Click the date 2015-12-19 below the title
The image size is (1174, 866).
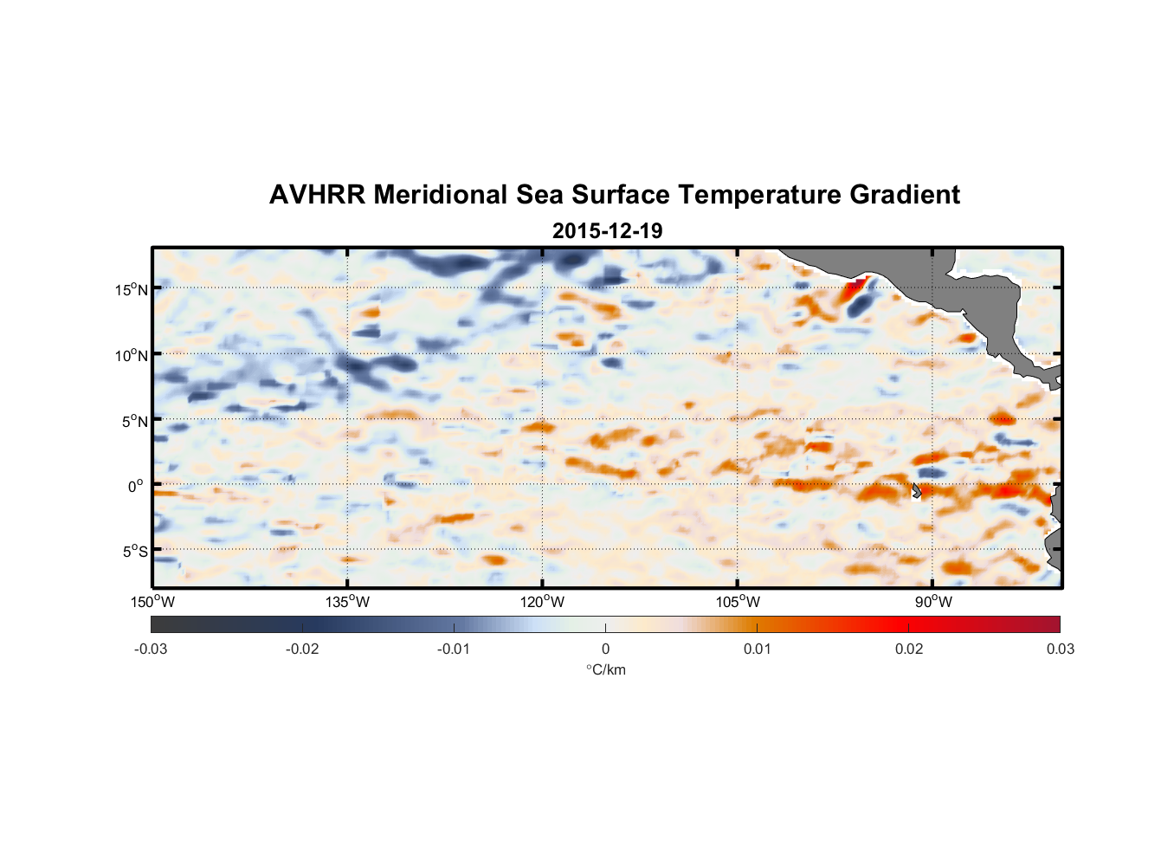coord(607,231)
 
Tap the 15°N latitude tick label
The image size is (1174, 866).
coord(132,289)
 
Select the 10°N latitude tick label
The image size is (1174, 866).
coord(132,355)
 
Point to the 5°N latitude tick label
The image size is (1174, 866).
coord(134,421)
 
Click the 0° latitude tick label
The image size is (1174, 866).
coord(136,487)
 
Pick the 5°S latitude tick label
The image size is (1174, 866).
coord(134,552)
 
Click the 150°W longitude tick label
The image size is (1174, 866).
coord(152,602)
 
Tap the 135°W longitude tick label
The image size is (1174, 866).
coord(347,602)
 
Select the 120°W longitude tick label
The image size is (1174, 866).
coord(542,602)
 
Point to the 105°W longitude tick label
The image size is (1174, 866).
coord(738,602)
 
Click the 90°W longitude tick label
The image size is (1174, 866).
coord(932,602)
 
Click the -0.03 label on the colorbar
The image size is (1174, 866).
coord(151,649)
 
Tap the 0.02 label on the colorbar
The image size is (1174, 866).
coord(908,649)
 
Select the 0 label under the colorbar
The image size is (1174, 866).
coord(605,649)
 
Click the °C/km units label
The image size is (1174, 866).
coord(605,669)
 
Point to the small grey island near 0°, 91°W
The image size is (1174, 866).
coord(917,490)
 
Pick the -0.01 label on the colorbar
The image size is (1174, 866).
coord(454,649)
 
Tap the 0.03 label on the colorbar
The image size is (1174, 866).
coord(1060,649)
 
